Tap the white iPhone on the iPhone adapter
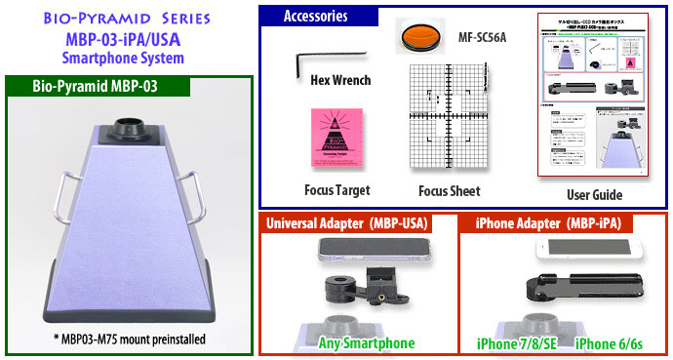(584, 250)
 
